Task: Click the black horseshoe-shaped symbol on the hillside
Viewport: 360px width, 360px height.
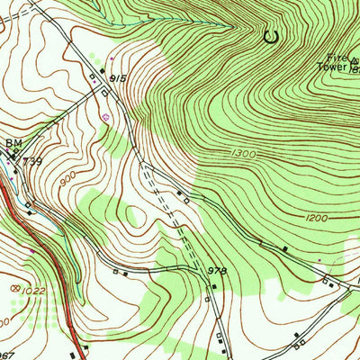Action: pyautogui.click(x=269, y=37)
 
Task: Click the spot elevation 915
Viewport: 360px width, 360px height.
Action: pyautogui.click(x=116, y=80)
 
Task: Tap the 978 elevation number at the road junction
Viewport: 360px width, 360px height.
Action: pyautogui.click(x=216, y=269)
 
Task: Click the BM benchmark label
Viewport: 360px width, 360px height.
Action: pyautogui.click(x=13, y=143)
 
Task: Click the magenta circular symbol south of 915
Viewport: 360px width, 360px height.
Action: pyautogui.click(x=107, y=115)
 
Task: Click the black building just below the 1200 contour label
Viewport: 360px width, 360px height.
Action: pyautogui.click(x=285, y=247)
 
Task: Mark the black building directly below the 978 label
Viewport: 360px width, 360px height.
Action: pyautogui.click(x=213, y=286)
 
